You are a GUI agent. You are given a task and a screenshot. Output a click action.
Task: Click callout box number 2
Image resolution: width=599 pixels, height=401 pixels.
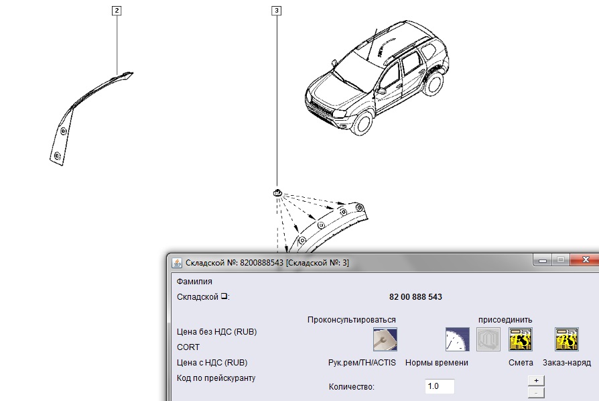click(x=117, y=11)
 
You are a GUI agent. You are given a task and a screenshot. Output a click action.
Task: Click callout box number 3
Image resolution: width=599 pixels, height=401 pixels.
click(x=277, y=11)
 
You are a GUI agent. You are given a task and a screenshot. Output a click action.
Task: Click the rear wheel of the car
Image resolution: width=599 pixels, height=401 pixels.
click(x=434, y=82)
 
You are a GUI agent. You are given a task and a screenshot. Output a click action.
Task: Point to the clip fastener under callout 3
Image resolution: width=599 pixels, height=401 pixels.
click(x=278, y=192)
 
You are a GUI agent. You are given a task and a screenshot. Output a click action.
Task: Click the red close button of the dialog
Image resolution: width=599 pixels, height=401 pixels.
click(x=585, y=260)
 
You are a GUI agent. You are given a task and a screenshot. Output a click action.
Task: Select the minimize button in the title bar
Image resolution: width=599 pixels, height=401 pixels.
click(x=543, y=260)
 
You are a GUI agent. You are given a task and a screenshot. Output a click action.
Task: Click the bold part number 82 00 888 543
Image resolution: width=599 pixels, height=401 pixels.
click(x=415, y=297)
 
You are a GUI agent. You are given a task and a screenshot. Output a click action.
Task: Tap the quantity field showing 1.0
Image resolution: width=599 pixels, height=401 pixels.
click(x=440, y=386)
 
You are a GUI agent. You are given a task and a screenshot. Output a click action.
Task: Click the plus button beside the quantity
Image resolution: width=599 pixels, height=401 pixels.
click(x=536, y=380)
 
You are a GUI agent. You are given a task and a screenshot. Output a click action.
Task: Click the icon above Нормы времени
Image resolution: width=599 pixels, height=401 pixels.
click(x=457, y=339)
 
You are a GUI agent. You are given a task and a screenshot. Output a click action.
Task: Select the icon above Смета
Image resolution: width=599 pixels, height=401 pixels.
click(x=521, y=339)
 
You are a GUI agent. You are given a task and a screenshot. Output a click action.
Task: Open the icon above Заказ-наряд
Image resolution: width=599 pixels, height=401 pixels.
click(x=567, y=339)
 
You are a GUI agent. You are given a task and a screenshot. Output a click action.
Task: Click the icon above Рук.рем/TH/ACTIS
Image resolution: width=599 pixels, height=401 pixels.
click(x=385, y=339)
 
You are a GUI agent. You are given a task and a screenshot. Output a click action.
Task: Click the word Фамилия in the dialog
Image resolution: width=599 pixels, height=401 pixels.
click(x=194, y=282)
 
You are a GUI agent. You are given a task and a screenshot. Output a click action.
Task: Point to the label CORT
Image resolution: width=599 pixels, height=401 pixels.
click(x=188, y=347)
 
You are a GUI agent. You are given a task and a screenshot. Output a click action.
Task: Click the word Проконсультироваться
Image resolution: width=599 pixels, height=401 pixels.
click(x=352, y=320)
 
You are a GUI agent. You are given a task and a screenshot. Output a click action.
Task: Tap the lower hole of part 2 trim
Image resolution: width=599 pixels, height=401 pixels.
click(x=58, y=156)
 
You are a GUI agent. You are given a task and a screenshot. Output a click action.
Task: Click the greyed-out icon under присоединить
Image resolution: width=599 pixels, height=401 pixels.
click(x=488, y=339)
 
